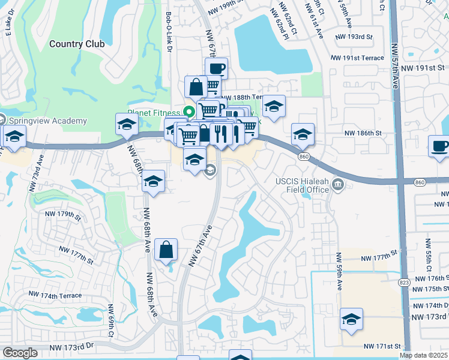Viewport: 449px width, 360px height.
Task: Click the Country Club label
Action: pos(77,44)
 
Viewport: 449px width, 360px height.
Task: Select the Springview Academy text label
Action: pos(48,121)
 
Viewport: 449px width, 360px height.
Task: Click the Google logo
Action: pos(20,353)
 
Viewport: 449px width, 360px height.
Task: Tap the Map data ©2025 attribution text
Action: pos(424,355)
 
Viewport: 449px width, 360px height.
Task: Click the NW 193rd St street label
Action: pos(356,37)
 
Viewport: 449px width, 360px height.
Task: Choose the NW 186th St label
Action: pos(363,132)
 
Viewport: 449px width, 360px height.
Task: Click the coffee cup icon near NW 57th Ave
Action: pos(438,146)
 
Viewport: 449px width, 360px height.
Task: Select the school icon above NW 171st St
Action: pos(351,319)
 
